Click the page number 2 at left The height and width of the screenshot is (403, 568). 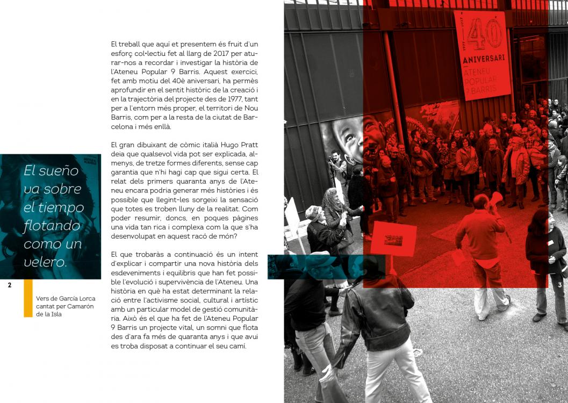pyautogui.click(x=10, y=285)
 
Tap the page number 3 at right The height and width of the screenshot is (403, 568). pyautogui.click(x=559, y=285)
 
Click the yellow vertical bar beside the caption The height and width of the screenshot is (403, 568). pyautogui.click(x=28, y=298)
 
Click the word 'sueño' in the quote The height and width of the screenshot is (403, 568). pyautogui.click(x=59, y=171)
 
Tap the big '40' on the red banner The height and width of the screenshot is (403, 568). pyautogui.click(x=484, y=34)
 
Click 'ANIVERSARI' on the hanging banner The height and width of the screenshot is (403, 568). pyautogui.click(x=484, y=58)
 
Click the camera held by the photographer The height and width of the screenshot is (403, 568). pyautogui.click(x=330, y=159)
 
